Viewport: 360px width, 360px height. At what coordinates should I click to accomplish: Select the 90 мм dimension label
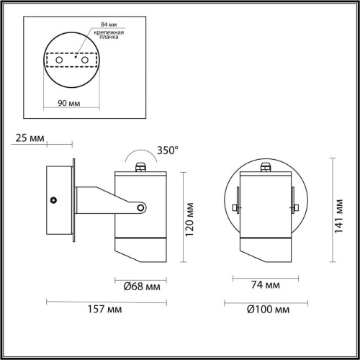[69, 102]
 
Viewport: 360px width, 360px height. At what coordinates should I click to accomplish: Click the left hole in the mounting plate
[60, 62]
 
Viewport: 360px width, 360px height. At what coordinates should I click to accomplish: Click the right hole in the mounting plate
[84, 62]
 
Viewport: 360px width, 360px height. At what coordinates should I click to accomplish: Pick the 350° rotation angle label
[167, 150]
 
